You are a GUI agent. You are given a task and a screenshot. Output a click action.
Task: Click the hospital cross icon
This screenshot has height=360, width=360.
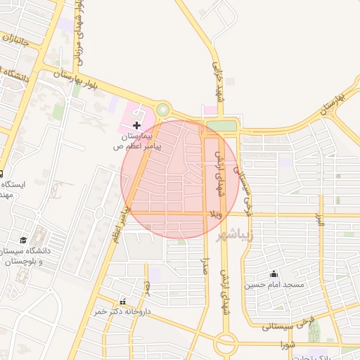click(x=136, y=124)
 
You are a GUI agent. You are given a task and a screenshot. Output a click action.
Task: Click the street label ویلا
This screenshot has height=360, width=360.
click(x=215, y=213)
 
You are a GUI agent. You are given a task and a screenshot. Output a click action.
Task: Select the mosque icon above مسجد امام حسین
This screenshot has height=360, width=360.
click(x=274, y=274)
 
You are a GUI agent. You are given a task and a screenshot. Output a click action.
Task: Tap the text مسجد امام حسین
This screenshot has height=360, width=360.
click(x=274, y=285)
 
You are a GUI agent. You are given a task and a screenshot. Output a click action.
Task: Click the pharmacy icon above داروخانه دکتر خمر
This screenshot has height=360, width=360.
click(x=124, y=302)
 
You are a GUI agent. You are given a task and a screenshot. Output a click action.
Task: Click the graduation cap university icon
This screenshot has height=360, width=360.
click(x=23, y=240)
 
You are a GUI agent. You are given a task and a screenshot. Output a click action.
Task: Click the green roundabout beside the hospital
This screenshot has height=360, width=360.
click(x=163, y=110)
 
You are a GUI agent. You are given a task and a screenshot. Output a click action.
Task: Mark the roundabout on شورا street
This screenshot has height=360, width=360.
click(x=226, y=345)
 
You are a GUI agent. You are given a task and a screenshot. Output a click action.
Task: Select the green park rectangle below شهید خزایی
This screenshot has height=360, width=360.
click(x=221, y=126)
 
